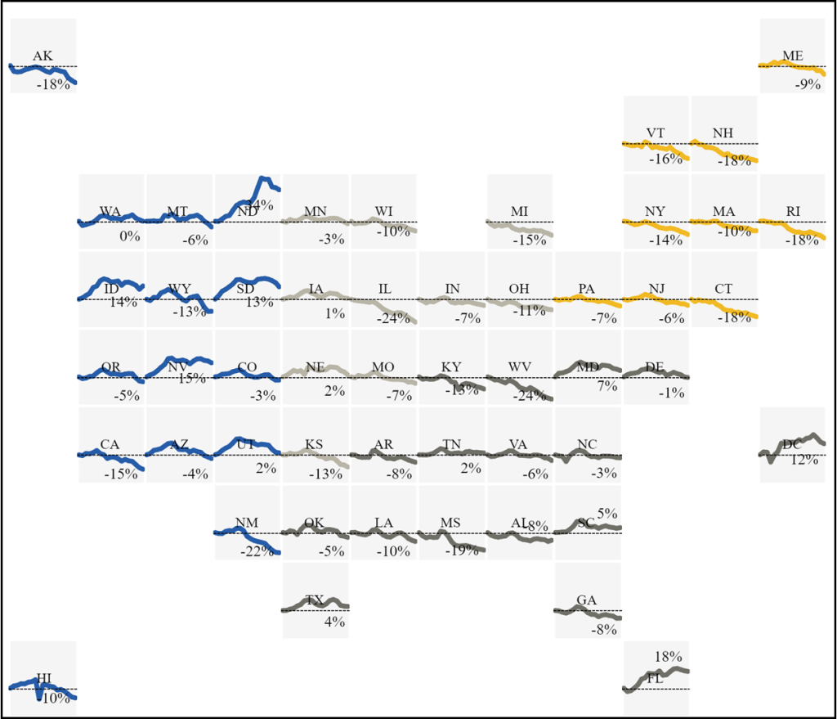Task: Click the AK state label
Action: pos(43,56)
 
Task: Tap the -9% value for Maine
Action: pos(807,83)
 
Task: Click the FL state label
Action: pos(655,678)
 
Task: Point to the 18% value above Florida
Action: pos(668,656)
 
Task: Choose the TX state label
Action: pos(315,600)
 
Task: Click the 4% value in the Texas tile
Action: pos(334,622)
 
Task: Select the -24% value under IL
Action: pos(393,318)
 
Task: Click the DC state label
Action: pos(791,444)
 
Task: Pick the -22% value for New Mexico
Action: pos(257,551)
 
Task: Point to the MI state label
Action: pos(519,211)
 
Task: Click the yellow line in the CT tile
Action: pos(736,308)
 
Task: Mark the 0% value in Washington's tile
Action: pos(129,236)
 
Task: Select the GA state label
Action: pos(586,600)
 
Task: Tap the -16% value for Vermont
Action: pos(665,159)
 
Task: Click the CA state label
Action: pos(110,444)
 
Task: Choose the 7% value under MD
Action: pos(606,386)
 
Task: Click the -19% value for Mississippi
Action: pos(461,551)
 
